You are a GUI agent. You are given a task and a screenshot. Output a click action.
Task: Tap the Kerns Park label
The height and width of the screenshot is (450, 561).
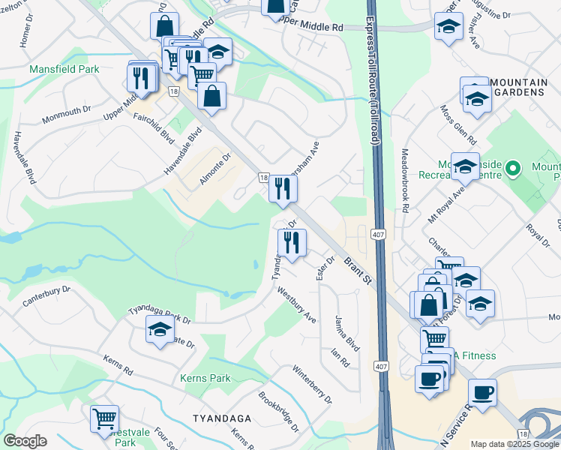tap(205, 379)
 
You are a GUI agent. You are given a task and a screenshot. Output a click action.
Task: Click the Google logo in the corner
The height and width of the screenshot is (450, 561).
tap(25, 441)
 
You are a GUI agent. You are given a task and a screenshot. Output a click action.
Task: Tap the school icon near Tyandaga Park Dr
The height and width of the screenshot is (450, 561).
tap(159, 329)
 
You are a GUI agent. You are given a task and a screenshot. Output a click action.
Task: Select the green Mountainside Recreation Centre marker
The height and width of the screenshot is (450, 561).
tap(513, 168)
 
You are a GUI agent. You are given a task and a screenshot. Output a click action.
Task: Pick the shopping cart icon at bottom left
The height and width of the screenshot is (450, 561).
tap(104, 418)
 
